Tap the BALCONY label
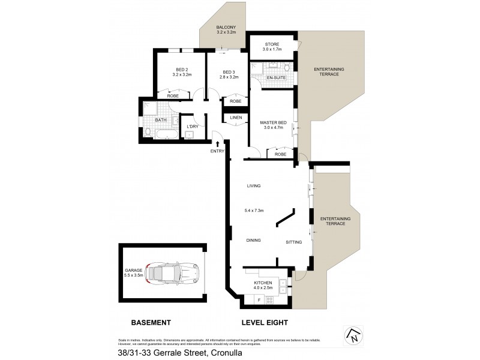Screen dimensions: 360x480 tap(227, 28)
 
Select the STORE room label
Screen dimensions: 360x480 tap(272, 43)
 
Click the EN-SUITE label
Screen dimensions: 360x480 tap(275, 78)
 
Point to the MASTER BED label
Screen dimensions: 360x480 tap(273, 122)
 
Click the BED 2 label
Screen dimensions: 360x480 tap(182, 69)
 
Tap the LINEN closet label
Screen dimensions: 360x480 tap(236, 118)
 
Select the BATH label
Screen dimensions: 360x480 tap(161, 120)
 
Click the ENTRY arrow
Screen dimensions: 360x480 tap(217, 143)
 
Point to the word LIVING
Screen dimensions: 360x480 tap(254, 186)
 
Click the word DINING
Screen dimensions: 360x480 tap(254, 241)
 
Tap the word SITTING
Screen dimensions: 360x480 tap(294, 242)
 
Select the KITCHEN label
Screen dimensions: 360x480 tap(263, 283)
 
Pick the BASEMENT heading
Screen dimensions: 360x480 tap(151, 322)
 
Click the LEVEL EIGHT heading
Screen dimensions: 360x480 tap(264, 322)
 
